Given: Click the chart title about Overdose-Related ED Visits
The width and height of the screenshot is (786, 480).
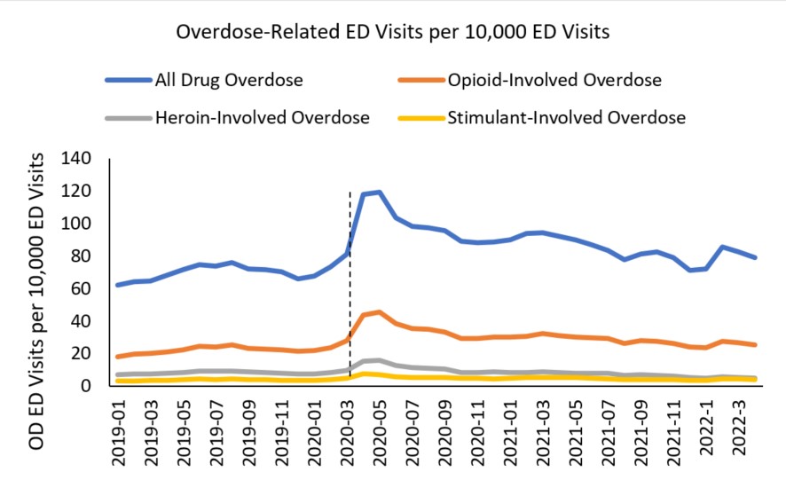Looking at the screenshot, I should click(393, 32).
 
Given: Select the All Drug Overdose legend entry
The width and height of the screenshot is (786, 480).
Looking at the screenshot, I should click(229, 80).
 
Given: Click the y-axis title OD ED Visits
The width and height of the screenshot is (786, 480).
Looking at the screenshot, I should click(36, 275).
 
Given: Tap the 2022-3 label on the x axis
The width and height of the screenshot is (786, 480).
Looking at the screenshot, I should click(746, 431).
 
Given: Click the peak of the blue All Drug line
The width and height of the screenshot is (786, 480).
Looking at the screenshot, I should click(380, 192).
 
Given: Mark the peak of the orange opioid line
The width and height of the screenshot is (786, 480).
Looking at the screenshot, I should click(380, 311).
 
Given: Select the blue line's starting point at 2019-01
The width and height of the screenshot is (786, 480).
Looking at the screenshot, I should click(118, 285).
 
